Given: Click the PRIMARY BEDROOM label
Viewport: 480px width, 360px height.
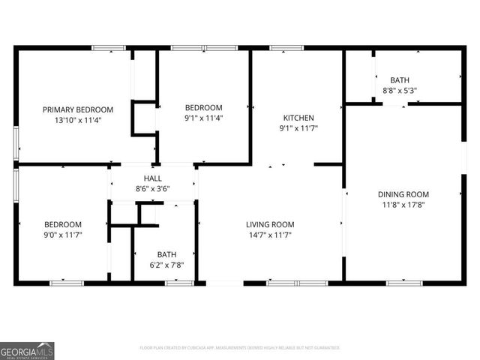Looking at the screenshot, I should click(x=78, y=109).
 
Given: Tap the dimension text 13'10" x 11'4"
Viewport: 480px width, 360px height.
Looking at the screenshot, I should click(x=78, y=120).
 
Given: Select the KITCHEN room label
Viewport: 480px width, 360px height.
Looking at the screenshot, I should click(x=298, y=118).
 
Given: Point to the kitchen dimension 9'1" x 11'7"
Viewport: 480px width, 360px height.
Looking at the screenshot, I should click(x=298, y=128).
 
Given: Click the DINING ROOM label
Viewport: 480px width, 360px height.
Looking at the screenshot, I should click(x=403, y=194).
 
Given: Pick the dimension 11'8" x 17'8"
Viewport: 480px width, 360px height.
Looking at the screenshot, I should click(x=403, y=205).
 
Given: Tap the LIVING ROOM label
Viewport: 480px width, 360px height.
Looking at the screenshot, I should click(x=270, y=224).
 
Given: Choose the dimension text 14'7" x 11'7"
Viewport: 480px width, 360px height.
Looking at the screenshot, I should click(x=270, y=235).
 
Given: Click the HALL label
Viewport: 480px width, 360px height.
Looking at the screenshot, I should click(x=153, y=178).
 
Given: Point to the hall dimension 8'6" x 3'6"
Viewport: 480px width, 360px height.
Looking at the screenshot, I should click(x=153, y=188).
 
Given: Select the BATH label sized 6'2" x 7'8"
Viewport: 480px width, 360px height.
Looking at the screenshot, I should click(x=166, y=254).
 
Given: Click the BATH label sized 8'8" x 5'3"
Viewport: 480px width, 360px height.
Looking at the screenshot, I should click(x=400, y=80).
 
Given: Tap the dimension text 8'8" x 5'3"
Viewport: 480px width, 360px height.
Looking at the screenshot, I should click(x=400, y=91).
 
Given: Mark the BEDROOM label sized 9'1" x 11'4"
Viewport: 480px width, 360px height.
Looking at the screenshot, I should click(x=204, y=107).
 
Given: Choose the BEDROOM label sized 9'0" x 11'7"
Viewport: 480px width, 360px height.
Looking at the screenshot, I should click(x=63, y=224).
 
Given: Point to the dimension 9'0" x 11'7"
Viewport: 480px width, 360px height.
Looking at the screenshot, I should click(x=63, y=235).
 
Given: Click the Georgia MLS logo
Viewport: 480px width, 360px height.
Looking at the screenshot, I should click(x=27, y=350).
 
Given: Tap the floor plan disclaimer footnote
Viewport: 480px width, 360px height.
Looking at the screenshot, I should click(x=240, y=348).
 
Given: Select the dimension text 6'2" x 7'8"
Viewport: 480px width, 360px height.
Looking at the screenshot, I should click(x=166, y=265).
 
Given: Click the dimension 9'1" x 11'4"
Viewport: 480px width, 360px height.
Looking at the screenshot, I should click(x=204, y=118).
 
